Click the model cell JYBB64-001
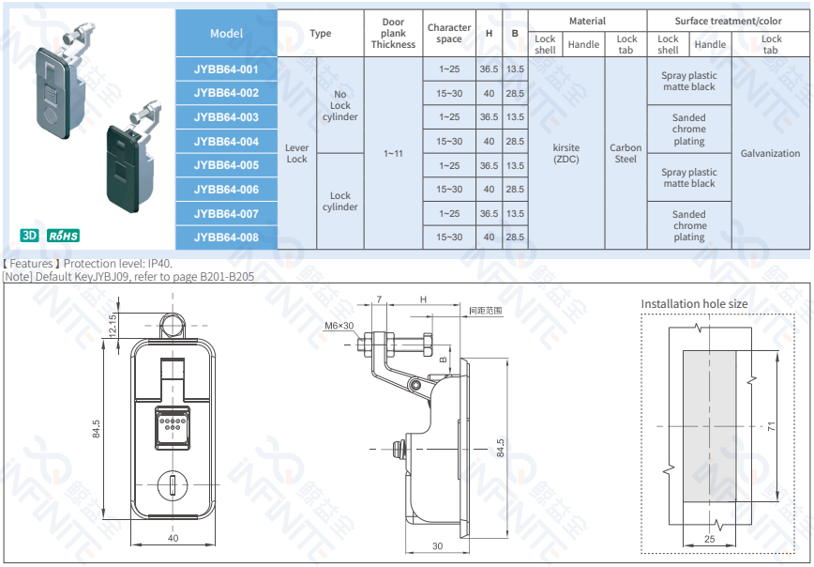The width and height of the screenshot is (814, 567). pyautogui.click(x=226, y=69)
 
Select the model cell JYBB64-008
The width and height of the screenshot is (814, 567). pyautogui.click(x=226, y=238)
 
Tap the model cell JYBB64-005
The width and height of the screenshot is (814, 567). pyautogui.click(x=226, y=165)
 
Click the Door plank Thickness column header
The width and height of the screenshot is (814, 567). pyautogui.click(x=393, y=34)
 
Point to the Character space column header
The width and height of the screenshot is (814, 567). pyautogui.click(x=449, y=34)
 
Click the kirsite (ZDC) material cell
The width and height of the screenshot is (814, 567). pyautogui.click(x=566, y=153)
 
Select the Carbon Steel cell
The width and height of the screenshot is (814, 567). pyautogui.click(x=626, y=153)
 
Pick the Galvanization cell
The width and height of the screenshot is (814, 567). pyautogui.click(x=770, y=153)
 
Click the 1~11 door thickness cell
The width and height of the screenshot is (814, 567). pyautogui.click(x=393, y=153)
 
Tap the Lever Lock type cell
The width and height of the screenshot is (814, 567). pyautogui.click(x=296, y=153)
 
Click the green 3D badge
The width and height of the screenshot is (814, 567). pyautogui.click(x=29, y=235)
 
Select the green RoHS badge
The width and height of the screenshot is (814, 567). pyautogui.click(x=64, y=235)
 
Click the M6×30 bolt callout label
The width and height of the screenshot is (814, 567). pyautogui.click(x=339, y=326)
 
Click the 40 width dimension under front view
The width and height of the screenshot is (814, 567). pyautogui.click(x=173, y=539)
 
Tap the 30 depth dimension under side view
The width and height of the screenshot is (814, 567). pyautogui.click(x=437, y=546)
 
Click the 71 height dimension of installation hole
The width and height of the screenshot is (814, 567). pyautogui.click(x=771, y=425)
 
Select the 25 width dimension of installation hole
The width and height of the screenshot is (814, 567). pyautogui.click(x=709, y=539)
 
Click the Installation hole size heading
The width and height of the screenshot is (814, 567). pyautogui.click(x=694, y=303)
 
